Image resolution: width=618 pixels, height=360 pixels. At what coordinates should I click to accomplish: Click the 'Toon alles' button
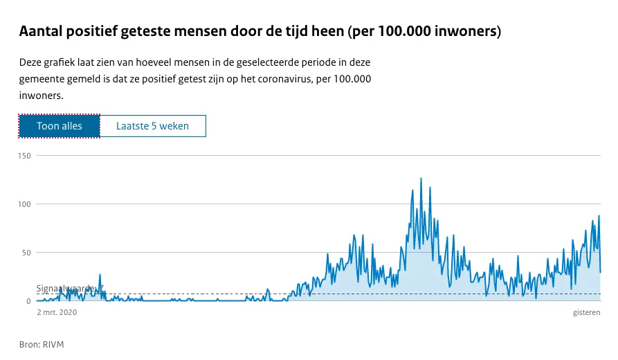click(x=60, y=126)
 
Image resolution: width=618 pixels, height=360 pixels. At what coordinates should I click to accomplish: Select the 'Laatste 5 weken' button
click(x=152, y=126)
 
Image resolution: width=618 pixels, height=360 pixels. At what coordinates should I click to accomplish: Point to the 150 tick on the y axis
click(x=26, y=156)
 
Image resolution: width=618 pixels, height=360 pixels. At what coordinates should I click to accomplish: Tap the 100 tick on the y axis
click(x=26, y=204)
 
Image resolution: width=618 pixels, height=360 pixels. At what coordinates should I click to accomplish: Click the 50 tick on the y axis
click(x=28, y=253)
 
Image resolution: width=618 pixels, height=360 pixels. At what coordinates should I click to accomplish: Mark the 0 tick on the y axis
click(x=30, y=301)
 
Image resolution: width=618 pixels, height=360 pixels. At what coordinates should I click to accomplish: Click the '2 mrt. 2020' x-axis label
click(x=57, y=313)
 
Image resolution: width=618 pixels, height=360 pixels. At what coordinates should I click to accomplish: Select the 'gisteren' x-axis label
click(x=586, y=313)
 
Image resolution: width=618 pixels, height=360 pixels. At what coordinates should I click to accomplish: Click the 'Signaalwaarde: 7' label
click(x=69, y=288)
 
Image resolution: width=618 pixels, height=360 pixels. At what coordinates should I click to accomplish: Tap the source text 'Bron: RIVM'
click(x=42, y=344)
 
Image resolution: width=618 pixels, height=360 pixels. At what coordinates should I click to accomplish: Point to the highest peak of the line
click(x=421, y=179)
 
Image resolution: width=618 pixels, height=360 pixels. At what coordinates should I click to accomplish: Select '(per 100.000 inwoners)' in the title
click(x=424, y=32)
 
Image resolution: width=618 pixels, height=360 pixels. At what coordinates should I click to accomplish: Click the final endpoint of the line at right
click(x=600, y=272)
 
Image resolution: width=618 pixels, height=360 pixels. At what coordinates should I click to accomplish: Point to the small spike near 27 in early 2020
click(x=100, y=275)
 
